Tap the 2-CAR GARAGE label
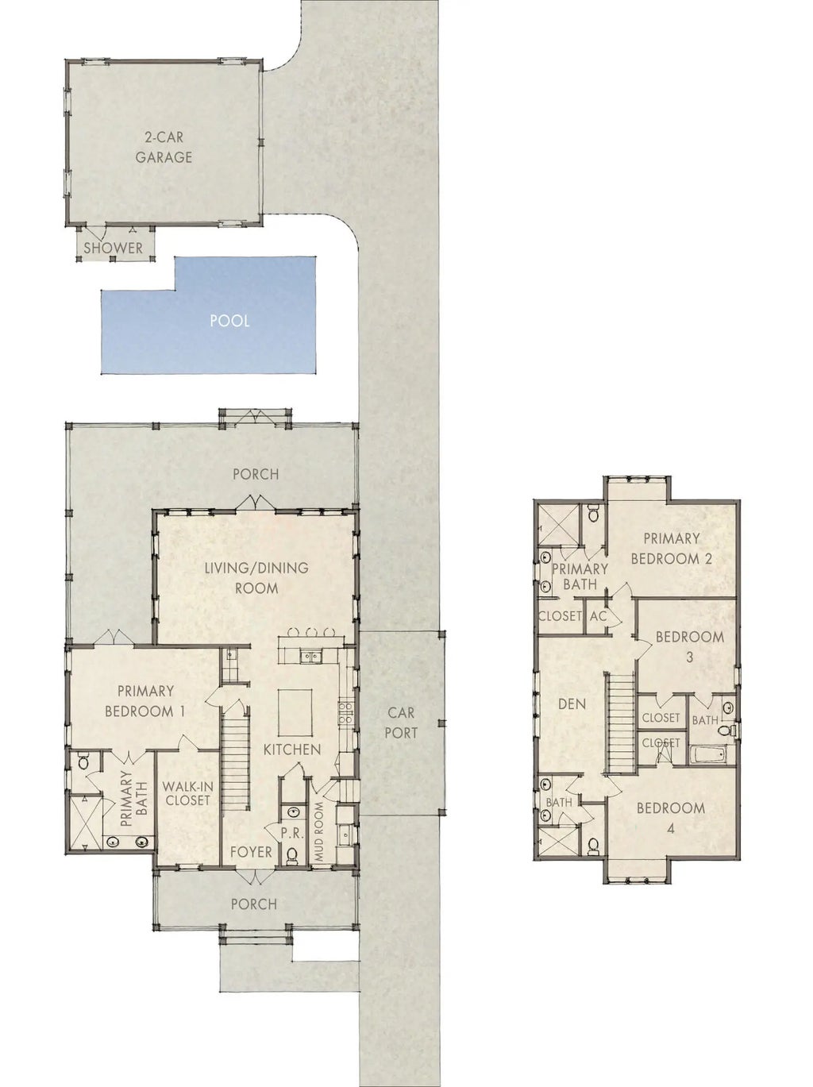(164, 147)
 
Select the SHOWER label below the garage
(114, 248)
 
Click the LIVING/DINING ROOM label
(256, 578)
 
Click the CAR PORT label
(401, 723)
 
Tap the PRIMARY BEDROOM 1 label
(145, 701)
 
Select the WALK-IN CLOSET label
(187, 793)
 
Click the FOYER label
(251, 852)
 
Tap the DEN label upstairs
(572, 704)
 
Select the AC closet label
(598, 617)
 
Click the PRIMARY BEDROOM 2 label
(672, 549)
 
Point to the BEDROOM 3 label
(689, 646)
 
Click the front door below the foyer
(256, 876)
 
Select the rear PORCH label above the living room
(256, 474)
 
